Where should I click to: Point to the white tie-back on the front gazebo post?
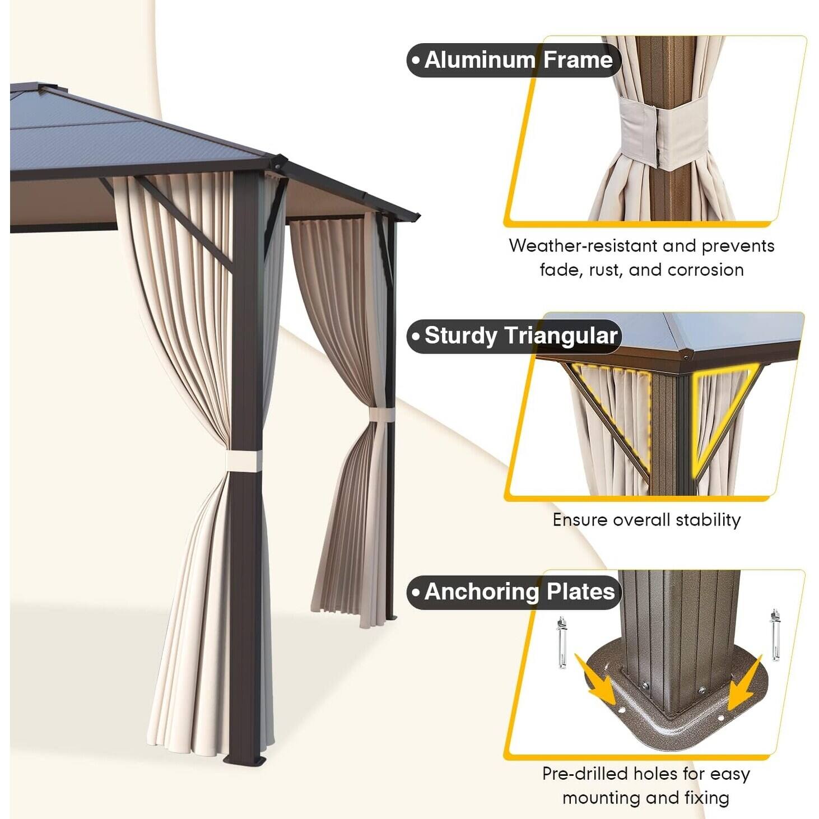coord(244,461)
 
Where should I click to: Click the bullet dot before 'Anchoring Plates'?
coord(416,592)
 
